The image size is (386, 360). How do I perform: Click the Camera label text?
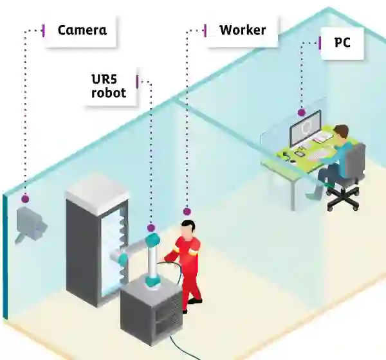82,30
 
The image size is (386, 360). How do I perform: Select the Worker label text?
242,30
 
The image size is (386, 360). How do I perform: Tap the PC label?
343,43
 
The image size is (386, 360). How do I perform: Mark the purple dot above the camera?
25,199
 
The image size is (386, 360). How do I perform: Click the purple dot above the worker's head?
187,211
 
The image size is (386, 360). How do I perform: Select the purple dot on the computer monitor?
301,113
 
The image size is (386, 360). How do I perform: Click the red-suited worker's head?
187,228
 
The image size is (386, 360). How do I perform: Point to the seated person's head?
341,132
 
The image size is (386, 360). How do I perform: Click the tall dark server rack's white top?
96,186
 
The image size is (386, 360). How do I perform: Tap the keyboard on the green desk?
317,155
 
